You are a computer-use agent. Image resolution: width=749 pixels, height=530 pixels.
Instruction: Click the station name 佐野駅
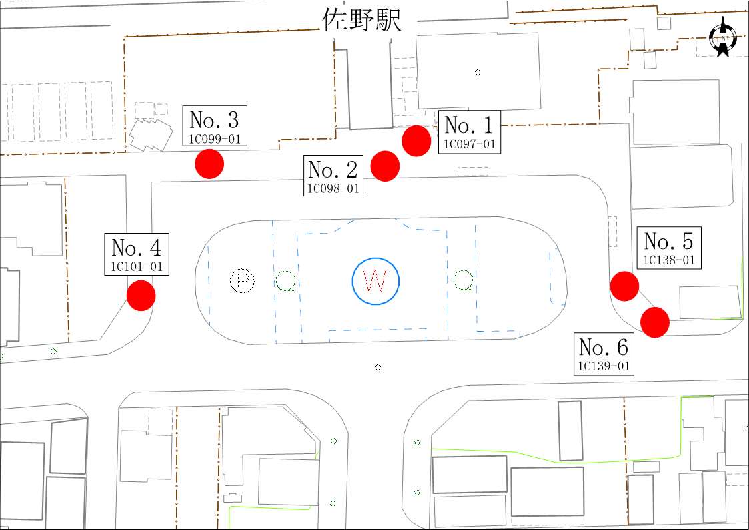[361, 21]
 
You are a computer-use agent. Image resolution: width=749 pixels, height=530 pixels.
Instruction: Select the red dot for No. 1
[417, 141]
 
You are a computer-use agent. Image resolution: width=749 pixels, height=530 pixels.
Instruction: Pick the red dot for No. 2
[385, 166]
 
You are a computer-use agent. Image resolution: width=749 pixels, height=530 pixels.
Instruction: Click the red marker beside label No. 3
[209, 164]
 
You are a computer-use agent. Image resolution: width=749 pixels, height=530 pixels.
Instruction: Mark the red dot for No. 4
[141, 296]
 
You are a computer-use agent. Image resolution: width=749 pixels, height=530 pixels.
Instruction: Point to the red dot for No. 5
[625, 286]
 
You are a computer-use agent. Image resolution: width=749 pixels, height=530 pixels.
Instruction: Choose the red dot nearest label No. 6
[655, 322]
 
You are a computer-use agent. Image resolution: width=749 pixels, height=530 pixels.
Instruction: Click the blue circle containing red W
[376, 281]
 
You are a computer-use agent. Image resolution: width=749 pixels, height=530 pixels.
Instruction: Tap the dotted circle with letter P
[243, 281]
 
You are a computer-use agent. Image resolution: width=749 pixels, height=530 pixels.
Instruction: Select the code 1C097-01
[470, 144]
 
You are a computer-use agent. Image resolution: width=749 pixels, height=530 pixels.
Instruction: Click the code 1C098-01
[333, 188]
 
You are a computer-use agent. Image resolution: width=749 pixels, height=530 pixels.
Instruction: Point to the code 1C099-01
[215, 139]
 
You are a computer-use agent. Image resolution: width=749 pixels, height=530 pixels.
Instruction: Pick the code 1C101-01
[137, 266]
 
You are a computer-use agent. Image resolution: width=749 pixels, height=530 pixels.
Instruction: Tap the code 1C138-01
[669, 260]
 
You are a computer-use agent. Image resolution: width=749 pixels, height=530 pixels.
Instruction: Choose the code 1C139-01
[604, 366]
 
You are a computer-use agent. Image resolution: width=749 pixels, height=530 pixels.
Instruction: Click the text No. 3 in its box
[215, 120]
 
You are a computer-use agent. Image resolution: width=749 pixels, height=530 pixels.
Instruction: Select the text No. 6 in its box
[604, 348]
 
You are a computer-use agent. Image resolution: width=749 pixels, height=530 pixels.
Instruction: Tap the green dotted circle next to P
[286, 281]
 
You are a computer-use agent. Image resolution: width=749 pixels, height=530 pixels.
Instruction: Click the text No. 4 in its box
[137, 248]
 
